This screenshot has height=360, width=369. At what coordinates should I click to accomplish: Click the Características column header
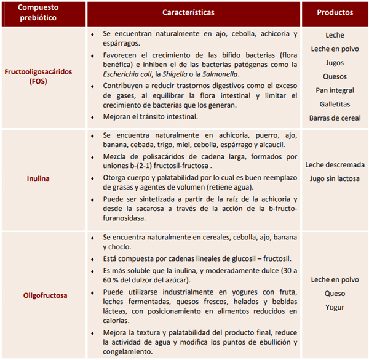click(x=196, y=12)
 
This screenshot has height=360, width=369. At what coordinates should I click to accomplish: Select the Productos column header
click(x=335, y=12)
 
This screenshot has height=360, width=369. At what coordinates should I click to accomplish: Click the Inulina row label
click(x=39, y=179)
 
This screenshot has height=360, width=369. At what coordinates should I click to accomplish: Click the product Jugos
click(x=335, y=63)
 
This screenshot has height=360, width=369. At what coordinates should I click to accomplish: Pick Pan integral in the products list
click(x=335, y=90)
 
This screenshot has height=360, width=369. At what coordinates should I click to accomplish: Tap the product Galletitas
click(x=335, y=104)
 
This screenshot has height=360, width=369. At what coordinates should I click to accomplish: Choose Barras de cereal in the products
click(x=335, y=118)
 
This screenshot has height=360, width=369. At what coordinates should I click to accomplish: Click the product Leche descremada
click(x=335, y=165)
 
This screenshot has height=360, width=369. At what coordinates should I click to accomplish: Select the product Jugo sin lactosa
click(x=335, y=178)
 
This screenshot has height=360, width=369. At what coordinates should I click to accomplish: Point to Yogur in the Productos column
click(x=335, y=308)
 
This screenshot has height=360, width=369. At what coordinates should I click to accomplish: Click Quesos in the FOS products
click(x=335, y=76)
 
